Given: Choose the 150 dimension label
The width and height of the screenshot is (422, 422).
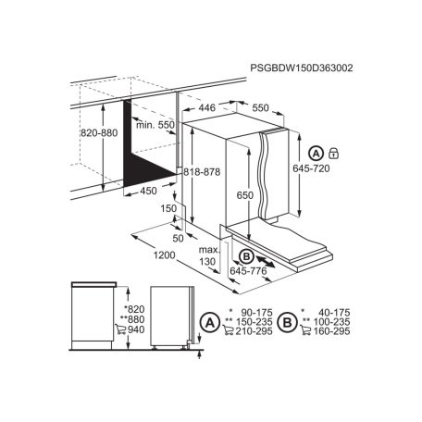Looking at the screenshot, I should click(x=168, y=208).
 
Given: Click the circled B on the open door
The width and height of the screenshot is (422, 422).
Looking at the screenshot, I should click(x=245, y=256).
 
